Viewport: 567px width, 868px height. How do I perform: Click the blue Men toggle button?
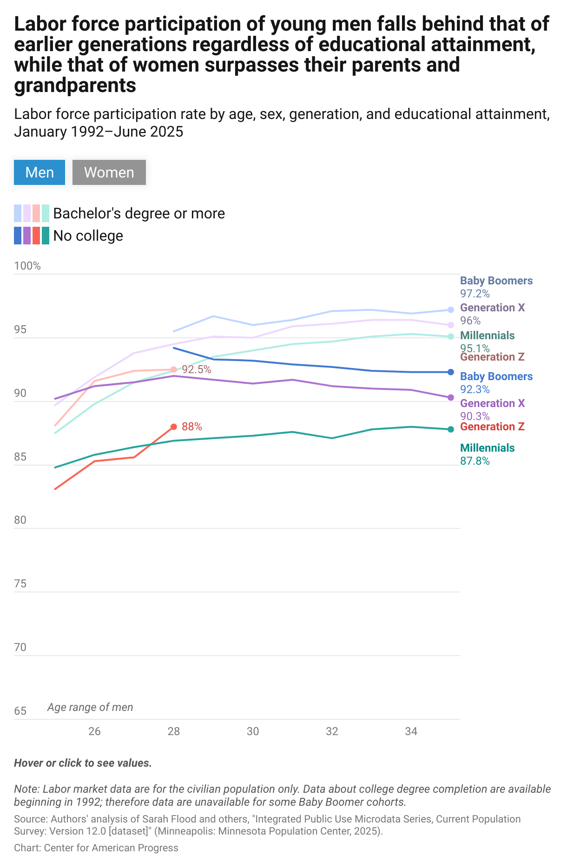[40, 172]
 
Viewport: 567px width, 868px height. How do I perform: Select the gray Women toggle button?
[109, 172]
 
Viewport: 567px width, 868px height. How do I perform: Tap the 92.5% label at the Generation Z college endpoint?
[196, 369]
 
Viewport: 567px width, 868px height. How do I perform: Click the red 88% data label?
[191, 427]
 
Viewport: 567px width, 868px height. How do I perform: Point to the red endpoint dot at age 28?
[174, 427]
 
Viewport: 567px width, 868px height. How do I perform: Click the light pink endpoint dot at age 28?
[174, 369]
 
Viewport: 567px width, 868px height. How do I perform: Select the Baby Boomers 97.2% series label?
[496, 287]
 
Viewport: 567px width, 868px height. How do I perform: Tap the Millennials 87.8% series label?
[487, 454]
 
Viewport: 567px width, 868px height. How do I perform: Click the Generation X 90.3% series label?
[492, 409]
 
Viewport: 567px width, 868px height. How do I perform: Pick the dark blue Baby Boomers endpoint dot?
[450, 372]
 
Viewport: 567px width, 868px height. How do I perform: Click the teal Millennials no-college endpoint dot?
[450, 429]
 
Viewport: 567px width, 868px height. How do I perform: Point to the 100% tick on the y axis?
[27, 266]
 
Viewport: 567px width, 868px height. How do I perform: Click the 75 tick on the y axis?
[20, 584]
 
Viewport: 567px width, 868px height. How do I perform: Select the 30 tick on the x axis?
[253, 731]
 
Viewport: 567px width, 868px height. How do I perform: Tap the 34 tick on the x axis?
[411, 731]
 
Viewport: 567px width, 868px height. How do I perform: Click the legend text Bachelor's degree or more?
[139, 213]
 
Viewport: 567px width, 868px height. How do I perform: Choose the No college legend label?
[88, 236]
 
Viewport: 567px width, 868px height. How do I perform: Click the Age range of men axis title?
[90, 707]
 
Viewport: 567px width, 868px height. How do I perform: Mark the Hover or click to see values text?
[83, 763]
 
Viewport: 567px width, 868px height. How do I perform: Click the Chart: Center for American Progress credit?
[96, 848]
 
